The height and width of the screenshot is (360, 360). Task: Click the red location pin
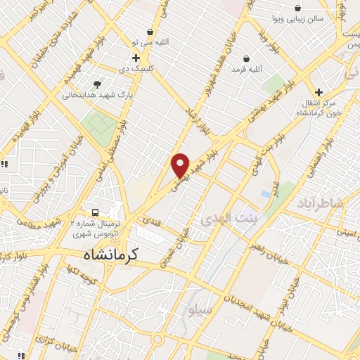(x=181, y=165)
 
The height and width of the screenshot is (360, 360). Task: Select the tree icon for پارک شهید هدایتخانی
(x=96, y=82)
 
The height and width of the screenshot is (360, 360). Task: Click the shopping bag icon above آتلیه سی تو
(x=150, y=32)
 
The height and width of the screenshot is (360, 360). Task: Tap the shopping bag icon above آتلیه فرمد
(x=246, y=58)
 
